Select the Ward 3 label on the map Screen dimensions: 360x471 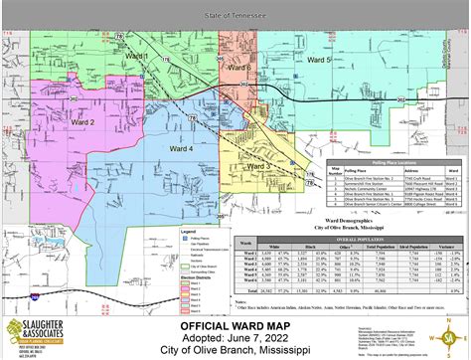(259, 165)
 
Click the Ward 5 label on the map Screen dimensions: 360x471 (317, 61)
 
